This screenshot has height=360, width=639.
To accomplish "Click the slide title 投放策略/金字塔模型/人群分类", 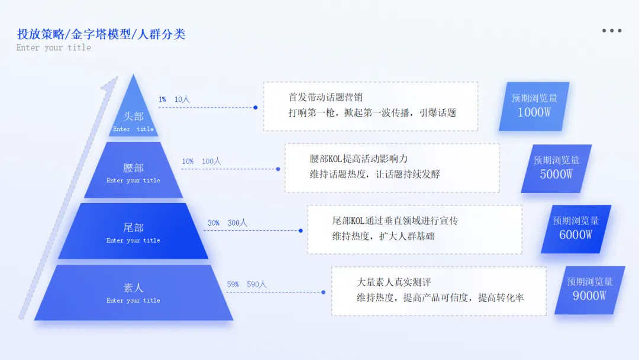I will [101, 34].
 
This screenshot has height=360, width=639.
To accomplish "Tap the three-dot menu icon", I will [612, 30].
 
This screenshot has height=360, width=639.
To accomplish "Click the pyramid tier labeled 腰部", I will [133, 172].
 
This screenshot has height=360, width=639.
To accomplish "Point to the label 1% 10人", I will [174, 99].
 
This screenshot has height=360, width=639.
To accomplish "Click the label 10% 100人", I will [201, 161].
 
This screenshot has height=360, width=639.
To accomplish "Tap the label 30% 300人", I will [227, 223].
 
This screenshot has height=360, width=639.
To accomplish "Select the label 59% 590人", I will [247, 284].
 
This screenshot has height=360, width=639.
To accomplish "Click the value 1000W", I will [534, 112].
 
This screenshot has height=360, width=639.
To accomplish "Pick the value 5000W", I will [556, 174].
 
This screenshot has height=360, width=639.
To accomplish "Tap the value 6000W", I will [576, 234].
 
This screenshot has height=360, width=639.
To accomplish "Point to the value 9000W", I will [589, 295].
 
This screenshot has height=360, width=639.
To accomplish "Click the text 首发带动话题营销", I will [325, 97].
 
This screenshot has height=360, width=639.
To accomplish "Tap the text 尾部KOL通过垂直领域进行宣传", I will [395, 220].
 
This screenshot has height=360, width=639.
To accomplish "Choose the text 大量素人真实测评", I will [394, 282].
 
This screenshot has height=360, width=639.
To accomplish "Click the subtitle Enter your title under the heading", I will [54, 47].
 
